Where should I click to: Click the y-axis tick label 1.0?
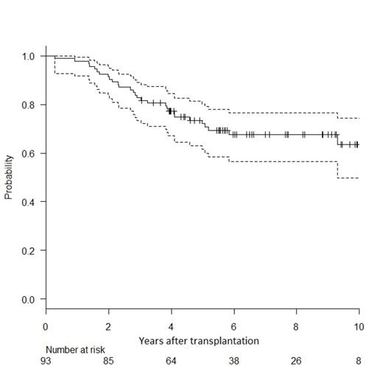(x=29, y=56)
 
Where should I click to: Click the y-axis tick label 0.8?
(x=29, y=105)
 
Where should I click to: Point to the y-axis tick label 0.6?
(x=29, y=153)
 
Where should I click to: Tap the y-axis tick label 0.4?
(x=29, y=202)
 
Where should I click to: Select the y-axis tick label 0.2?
(x=29, y=250)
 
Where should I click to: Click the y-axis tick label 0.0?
(x=29, y=299)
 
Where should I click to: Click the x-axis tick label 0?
(x=46, y=326)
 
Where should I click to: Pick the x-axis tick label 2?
(x=108, y=326)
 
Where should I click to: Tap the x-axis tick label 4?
(x=171, y=326)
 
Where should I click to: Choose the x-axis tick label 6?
(x=233, y=326)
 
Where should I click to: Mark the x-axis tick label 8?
(x=296, y=326)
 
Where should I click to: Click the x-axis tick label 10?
(x=358, y=326)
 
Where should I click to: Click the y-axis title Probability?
(x=10, y=178)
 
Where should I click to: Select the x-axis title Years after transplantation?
(x=198, y=341)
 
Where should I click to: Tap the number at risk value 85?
(x=108, y=362)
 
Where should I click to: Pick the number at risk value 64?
(x=171, y=362)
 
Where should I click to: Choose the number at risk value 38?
(x=233, y=362)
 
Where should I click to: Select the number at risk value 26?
(x=296, y=362)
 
